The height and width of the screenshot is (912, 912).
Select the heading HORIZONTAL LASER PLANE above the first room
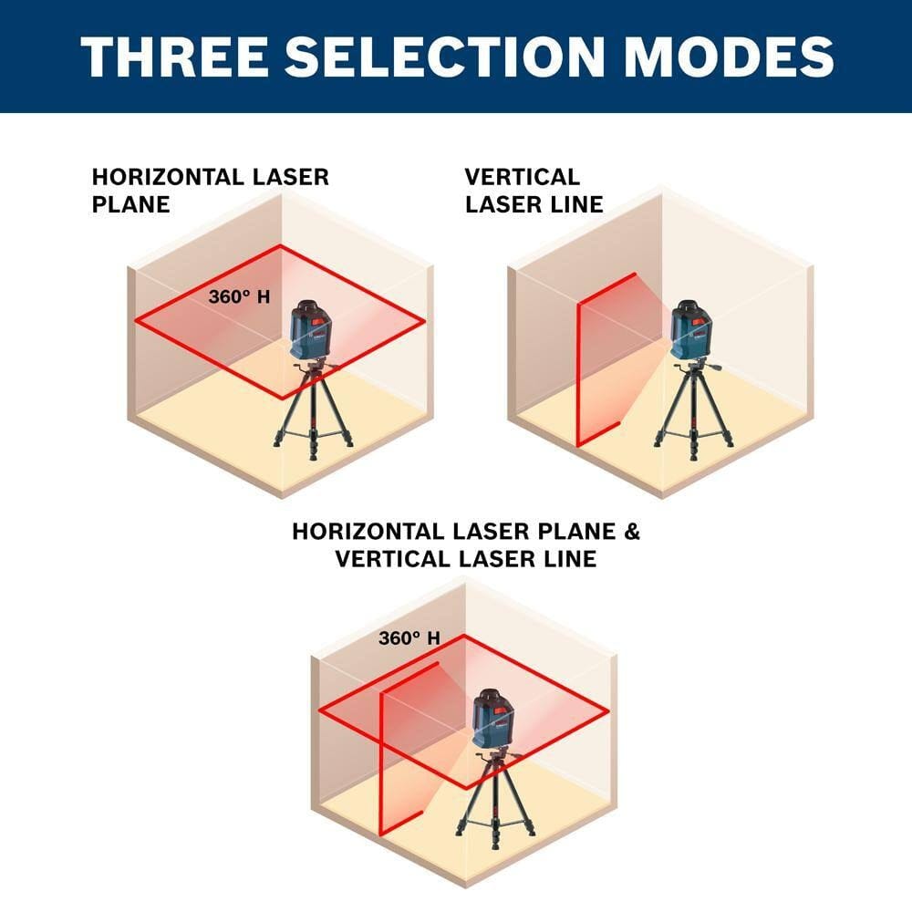coord(210,190)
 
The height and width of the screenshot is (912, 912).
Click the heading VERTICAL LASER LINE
coord(534,190)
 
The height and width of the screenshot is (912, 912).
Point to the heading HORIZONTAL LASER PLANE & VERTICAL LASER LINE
coord(466,544)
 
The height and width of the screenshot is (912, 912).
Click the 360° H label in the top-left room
coord(239,296)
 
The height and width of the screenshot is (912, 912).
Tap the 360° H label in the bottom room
coord(409,638)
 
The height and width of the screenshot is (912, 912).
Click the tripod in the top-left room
coord(313,410)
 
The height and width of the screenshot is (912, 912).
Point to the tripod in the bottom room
coord(493,793)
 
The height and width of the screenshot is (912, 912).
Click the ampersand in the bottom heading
coord(628,532)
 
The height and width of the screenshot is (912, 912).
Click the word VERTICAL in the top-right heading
coord(522,177)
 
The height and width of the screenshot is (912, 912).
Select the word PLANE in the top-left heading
coord(131,203)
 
